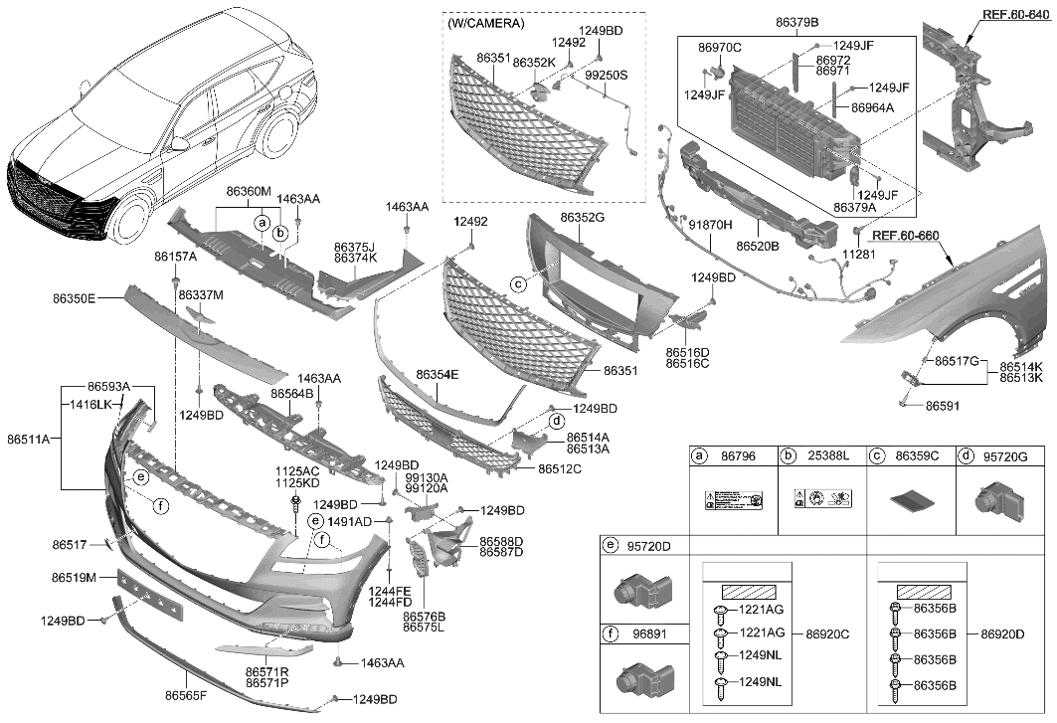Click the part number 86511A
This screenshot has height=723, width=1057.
[x=29, y=438]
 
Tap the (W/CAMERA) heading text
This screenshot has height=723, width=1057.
[x=487, y=23]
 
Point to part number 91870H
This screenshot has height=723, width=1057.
[x=710, y=226]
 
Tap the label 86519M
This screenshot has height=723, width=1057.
[x=74, y=578]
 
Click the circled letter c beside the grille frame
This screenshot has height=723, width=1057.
[x=518, y=284]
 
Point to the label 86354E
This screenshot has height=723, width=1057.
[x=438, y=375]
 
